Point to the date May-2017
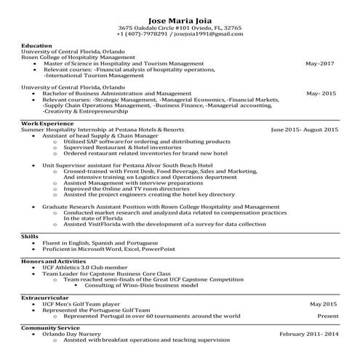point(321,63)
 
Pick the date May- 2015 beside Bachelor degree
point(321,94)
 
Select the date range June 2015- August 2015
point(305,129)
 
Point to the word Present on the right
point(328,316)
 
